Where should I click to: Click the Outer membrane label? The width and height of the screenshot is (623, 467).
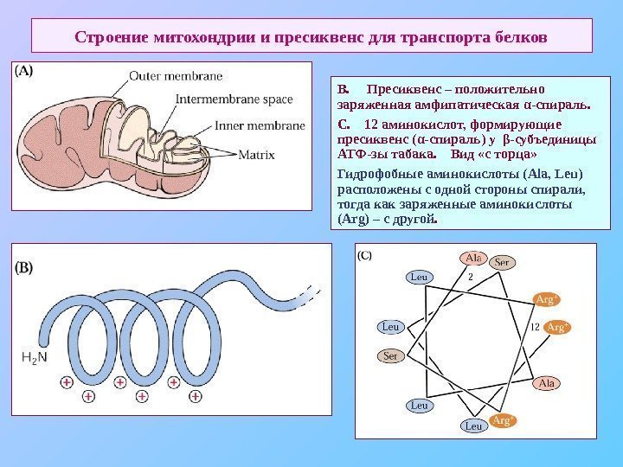click(176, 76)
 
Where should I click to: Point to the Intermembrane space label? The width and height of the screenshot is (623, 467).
click(234, 99)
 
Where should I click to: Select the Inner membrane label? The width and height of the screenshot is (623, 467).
click(260, 125)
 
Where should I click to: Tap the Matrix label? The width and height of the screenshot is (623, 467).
click(256, 157)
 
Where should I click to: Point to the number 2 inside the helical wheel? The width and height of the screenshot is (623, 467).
click(470, 278)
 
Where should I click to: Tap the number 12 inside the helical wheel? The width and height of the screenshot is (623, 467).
click(535, 327)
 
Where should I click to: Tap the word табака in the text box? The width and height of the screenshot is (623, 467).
click(408, 157)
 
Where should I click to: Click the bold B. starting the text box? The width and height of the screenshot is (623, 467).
click(344, 90)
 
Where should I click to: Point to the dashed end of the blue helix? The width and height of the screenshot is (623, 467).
click(306, 297)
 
